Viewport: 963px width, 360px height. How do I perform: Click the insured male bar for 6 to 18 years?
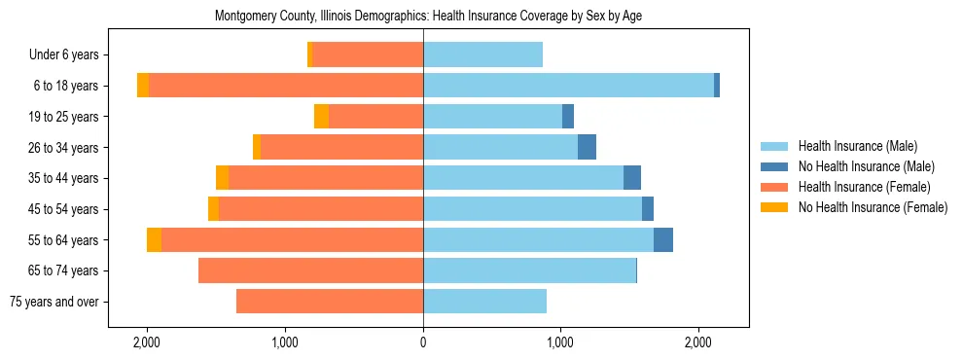click(568, 86)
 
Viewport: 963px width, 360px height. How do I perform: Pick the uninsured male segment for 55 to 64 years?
click(663, 239)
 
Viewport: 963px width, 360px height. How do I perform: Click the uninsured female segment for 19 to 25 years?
click(321, 117)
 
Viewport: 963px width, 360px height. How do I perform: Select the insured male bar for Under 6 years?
click(482, 54)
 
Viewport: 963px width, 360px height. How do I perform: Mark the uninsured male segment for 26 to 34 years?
click(587, 147)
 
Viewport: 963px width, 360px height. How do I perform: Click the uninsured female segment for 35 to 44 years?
click(222, 178)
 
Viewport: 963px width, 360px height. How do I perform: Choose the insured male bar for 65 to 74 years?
click(529, 270)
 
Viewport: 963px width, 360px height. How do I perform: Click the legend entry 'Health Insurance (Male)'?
click(857, 146)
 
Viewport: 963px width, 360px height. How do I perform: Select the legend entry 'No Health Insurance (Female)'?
click(873, 207)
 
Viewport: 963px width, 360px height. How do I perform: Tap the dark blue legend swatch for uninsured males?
click(774, 166)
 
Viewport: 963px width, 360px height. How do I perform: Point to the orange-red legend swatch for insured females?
click(774, 187)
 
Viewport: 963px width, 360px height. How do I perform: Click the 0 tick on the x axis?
click(423, 342)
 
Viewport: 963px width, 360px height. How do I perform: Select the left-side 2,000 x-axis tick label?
click(147, 342)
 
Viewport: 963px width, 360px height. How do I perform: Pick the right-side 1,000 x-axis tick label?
click(560, 342)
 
